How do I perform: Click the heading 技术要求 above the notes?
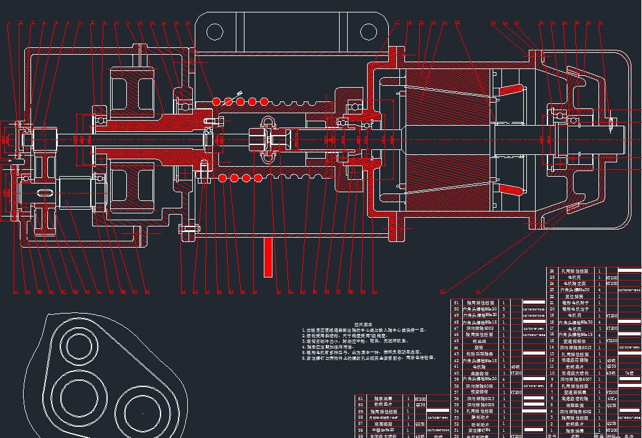coord(364,324)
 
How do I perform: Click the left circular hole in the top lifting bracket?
coord(215,31)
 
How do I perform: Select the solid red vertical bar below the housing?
coord(268,256)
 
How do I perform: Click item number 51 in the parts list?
coord(457,302)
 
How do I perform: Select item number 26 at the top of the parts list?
coord(551,271)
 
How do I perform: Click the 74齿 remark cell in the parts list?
coord(629,373)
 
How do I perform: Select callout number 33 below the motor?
coord(442,291)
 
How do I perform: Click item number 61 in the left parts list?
coord(361,398)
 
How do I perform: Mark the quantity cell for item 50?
coord(504,309)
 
